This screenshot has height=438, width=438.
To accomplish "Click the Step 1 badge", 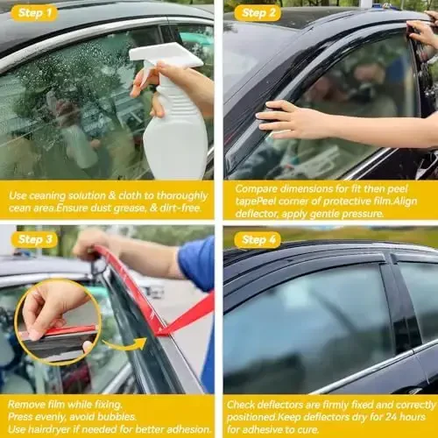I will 33,12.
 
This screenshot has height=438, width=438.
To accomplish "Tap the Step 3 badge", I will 33,239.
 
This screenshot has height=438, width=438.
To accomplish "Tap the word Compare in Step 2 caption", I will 257,188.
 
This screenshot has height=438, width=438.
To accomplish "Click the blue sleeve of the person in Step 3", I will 197,263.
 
